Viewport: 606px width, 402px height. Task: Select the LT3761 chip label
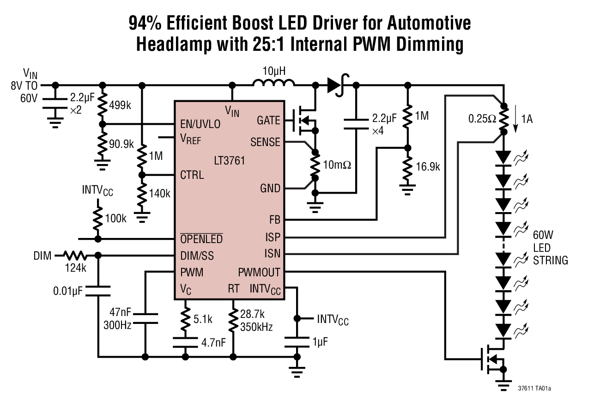(230, 161)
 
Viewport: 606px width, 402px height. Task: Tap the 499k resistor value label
(121, 105)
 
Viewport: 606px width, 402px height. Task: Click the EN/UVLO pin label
(200, 124)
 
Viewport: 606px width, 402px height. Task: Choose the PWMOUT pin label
(259, 272)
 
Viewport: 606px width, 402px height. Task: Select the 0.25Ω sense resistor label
(482, 118)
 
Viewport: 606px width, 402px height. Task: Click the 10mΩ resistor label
(338, 164)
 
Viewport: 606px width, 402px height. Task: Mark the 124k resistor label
(74, 268)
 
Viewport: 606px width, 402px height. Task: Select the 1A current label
(527, 119)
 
